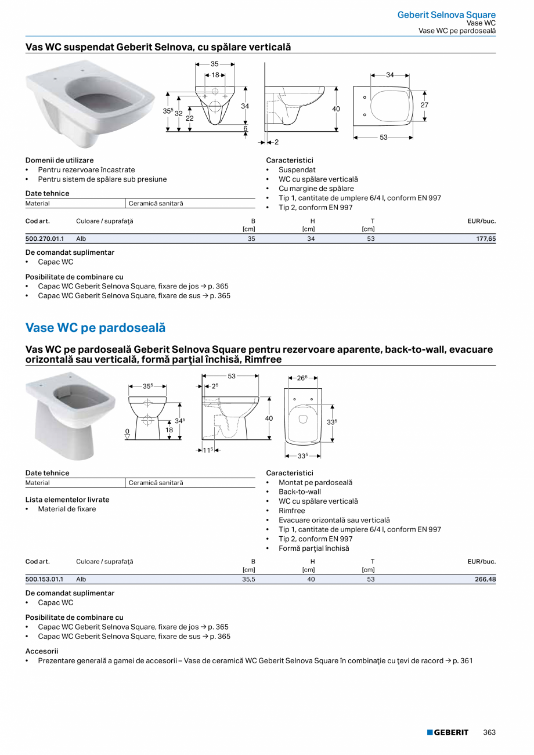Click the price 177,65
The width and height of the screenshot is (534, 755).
click(485, 239)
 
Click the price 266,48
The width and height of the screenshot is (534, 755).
click(485, 579)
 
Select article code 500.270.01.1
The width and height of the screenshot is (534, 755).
click(45, 239)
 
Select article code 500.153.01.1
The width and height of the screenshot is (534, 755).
click(45, 579)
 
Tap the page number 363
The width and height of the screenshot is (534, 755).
click(489, 732)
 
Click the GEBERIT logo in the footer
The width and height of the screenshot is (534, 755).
click(448, 732)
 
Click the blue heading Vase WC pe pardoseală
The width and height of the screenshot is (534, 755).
click(95, 328)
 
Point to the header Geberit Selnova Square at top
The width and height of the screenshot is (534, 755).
click(446, 15)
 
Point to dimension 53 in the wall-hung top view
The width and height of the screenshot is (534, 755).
click(384, 138)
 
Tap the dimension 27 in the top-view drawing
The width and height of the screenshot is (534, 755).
click(424, 105)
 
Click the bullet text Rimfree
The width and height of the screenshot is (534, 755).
click(291, 511)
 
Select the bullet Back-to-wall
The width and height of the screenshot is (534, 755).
click(300, 492)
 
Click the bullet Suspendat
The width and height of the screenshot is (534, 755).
click(297, 170)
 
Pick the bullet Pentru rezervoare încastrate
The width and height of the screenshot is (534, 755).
click(86, 170)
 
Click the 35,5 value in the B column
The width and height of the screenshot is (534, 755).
click(248, 579)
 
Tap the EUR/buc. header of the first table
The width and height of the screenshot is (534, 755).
click(481, 221)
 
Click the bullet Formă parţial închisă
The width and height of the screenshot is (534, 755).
click(313, 548)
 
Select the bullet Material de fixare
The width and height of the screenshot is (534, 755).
click(67, 509)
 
